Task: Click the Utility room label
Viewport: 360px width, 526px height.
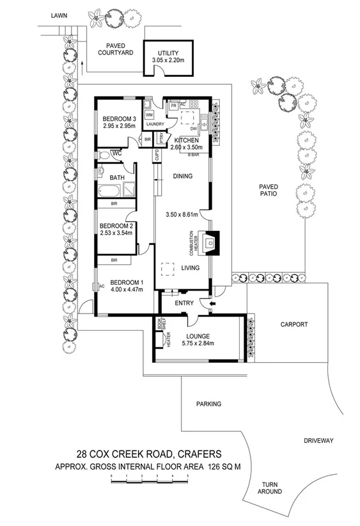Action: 168,53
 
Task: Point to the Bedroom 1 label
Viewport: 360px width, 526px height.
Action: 127,282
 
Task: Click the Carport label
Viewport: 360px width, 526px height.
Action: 294,324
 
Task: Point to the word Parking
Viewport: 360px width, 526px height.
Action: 209,404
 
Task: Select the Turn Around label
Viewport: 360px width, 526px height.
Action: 270,488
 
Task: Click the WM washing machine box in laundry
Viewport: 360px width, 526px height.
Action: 149,115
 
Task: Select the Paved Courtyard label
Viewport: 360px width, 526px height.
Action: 115,50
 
